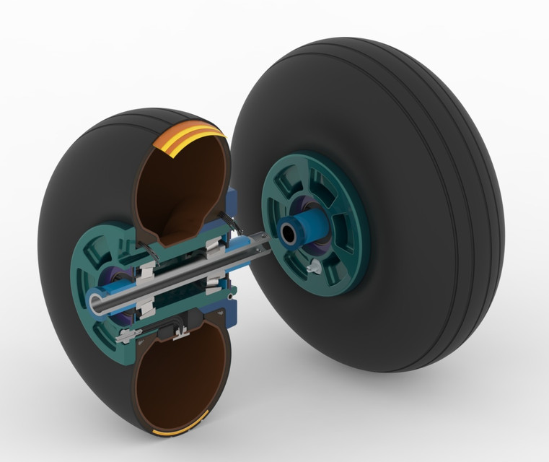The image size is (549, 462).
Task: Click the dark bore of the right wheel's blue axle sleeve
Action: (289, 233)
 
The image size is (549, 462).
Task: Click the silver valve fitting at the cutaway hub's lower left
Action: (128, 334)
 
